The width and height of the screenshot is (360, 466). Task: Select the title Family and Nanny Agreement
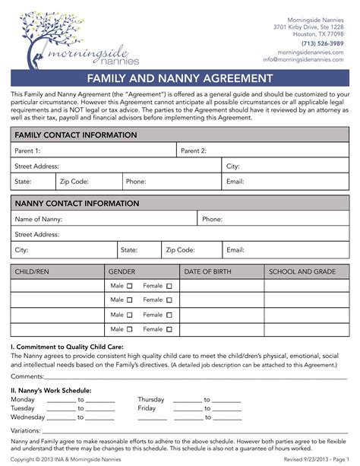(x=179, y=78)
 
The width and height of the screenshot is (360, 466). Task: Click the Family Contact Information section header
(x=76, y=135)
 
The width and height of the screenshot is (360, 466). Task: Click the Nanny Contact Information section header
(x=76, y=204)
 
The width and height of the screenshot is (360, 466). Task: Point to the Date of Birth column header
(x=220, y=271)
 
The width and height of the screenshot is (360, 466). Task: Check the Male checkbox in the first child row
(x=129, y=287)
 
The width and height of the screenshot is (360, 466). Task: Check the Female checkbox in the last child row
(x=169, y=330)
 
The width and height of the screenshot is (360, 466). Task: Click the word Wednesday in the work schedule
(x=28, y=417)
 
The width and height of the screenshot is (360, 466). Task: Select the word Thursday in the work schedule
(x=150, y=398)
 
